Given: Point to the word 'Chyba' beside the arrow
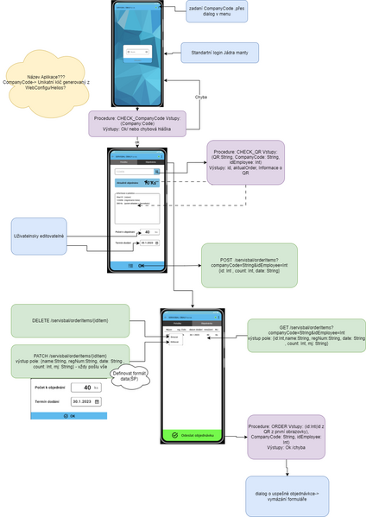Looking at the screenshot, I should click(x=200, y=96).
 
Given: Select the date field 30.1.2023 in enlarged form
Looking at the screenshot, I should click(x=85, y=401).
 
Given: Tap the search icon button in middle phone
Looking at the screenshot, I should click(x=158, y=171).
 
